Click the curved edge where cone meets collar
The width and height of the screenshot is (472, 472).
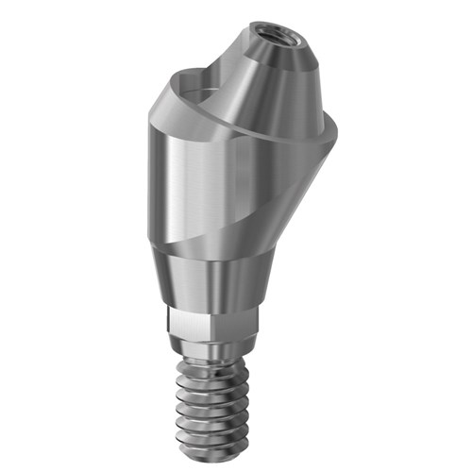pos(227,123)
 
